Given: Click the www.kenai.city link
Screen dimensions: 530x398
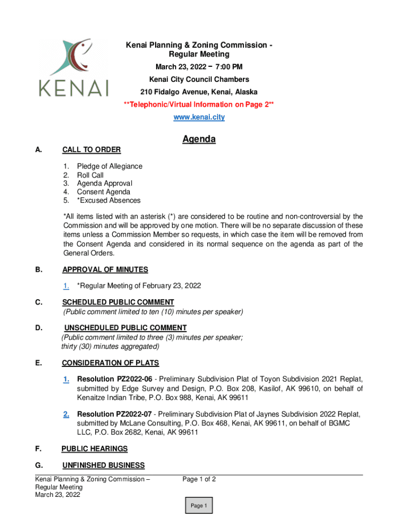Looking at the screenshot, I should [x=199, y=117].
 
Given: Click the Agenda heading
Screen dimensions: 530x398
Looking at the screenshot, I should [x=198, y=139].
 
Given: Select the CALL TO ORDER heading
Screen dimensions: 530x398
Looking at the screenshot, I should [x=91, y=150].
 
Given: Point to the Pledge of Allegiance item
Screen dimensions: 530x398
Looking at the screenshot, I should [x=110, y=166].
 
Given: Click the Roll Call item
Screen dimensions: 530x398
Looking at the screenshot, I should [x=90, y=175].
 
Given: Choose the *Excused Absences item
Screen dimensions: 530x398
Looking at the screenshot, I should [x=109, y=200].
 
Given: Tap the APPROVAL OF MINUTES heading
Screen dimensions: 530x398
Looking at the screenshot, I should [x=105, y=270].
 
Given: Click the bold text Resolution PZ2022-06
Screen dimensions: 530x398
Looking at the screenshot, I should [x=114, y=379].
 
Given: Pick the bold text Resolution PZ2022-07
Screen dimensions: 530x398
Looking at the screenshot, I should [x=114, y=414].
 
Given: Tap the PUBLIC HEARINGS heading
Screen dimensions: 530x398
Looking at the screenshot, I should [x=95, y=449].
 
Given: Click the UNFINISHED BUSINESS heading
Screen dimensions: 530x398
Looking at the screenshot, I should [x=103, y=465].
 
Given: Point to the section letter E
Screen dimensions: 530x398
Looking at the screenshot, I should [x=38, y=363].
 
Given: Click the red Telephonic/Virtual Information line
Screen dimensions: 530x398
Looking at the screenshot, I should [x=199, y=105].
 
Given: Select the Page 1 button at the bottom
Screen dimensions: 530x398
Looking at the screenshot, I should [x=198, y=506].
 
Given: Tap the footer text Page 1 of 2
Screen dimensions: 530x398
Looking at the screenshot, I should [x=199, y=479].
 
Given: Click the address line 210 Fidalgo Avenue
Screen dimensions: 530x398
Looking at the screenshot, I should [x=199, y=92].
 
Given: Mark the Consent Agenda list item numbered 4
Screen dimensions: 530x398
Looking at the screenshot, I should [x=103, y=192].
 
